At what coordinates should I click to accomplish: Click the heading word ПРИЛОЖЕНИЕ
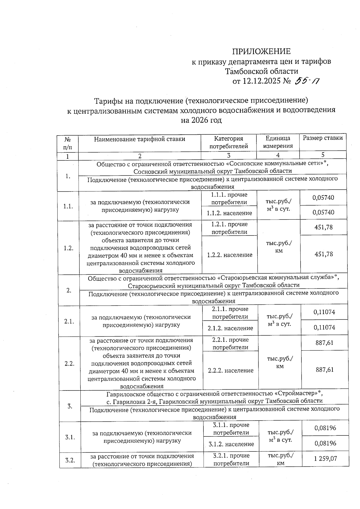(x=261, y=51)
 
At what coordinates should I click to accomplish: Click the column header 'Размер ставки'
(x=322, y=138)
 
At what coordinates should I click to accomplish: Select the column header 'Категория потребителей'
(x=229, y=142)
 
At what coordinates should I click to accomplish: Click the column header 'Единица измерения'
(x=278, y=142)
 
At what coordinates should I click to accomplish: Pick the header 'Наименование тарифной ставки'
(x=139, y=139)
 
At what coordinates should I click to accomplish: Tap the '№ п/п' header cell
(x=68, y=143)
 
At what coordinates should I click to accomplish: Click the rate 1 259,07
(x=325, y=459)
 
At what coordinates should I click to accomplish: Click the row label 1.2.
(x=68, y=248)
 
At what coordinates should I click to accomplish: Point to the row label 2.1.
(x=69, y=321)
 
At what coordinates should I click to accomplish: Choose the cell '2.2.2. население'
(x=231, y=370)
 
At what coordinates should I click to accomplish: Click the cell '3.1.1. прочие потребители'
(x=231, y=429)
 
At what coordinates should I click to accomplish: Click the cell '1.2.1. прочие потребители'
(x=229, y=228)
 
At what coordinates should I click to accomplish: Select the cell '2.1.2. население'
(x=230, y=328)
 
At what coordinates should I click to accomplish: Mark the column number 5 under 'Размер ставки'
(x=323, y=155)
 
